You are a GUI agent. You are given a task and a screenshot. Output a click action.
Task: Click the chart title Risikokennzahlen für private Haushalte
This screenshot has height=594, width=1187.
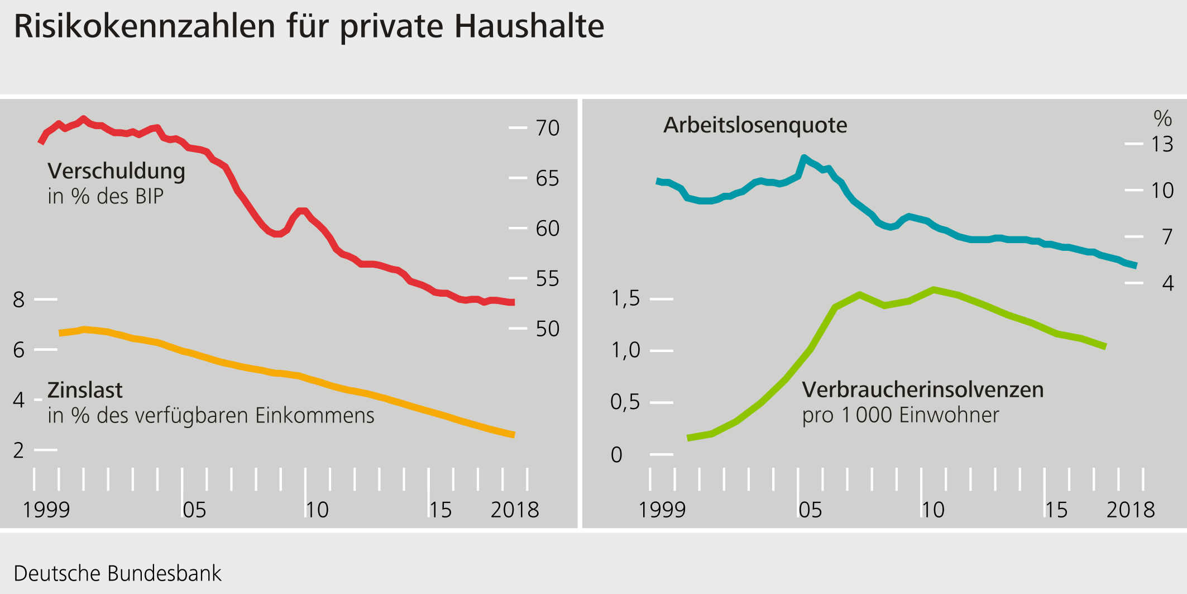pyautogui.click(x=309, y=26)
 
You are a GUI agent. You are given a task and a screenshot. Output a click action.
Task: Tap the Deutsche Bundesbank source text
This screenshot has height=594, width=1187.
pyautogui.click(x=117, y=573)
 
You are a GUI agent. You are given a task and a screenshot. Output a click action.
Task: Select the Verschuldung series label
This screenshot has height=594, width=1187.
pyautogui.click(x=116, y=171)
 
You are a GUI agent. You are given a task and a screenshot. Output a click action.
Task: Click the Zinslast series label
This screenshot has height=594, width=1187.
pyautogui.click(x=85, y=390)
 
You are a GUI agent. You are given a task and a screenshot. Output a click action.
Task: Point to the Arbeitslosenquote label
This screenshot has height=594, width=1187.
pyautogui.click(x=755, y=125)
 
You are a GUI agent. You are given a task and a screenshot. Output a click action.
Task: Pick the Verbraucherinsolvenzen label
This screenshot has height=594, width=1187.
pyautogui.click(x=922, y=389)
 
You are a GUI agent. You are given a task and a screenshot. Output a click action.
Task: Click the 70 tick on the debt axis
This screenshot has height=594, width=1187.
pyautogui.click(x=547, y=128)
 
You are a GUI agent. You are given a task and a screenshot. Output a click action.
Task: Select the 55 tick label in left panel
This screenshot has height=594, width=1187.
pyautogui.click(x=547, y=278)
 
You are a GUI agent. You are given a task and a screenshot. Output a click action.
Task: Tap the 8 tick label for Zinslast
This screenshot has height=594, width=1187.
pyautogui.click(x=19, y=300)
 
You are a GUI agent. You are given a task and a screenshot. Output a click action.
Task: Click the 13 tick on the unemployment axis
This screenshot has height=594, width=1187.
pyautogui.click(x=1162, y=145)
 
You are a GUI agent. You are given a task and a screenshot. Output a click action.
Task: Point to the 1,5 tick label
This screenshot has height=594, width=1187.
pyautogui.click(x=625, y=298)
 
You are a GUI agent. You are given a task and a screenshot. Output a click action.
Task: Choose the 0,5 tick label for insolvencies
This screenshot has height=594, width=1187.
pyautogui.click(x=625, y=402)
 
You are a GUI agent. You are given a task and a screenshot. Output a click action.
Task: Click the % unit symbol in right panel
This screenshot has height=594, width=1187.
pyautogui.click(x=1162, y=118)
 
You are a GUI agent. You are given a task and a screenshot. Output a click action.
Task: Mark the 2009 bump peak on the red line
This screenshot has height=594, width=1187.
pyautogui.click(x=302, y=211)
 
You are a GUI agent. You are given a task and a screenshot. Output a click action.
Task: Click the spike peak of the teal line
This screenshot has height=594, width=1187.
pyautogui.click(x=803, y=157)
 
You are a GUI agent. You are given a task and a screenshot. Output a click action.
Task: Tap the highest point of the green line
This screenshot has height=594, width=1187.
pyautogui.click(x=934, y=289)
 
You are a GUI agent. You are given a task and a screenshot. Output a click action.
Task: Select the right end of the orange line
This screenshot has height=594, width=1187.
pyautogui.click(x=513, y=434)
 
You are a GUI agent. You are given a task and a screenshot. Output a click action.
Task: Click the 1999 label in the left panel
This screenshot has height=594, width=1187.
pyautogui.click(x=46, y=510)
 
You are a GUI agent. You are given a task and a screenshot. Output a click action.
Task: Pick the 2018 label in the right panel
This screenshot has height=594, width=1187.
pyautogui.click(x=1130, y=510)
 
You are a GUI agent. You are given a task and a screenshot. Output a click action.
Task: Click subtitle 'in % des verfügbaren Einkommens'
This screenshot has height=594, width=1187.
pyautogui.click(x=211, y=415)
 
